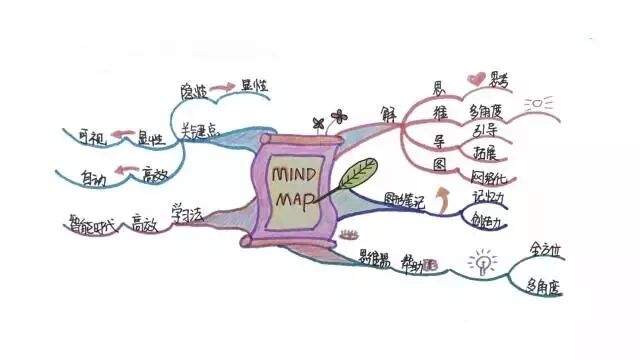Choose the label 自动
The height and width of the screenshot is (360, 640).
point(93,180)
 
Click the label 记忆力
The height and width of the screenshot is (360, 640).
point(490,197)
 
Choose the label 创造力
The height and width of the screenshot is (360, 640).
point(490,220)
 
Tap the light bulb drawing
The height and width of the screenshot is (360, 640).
point(483,265)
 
